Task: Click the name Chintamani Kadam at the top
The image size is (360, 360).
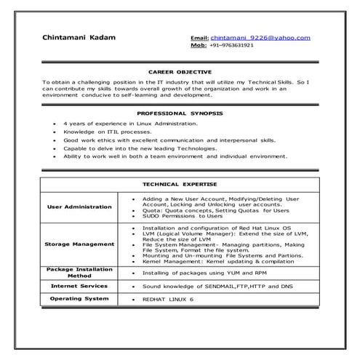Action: coord(79,37)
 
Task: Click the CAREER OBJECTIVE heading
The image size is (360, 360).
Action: coord(180,73)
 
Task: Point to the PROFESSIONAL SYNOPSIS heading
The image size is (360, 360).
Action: coord(180,114)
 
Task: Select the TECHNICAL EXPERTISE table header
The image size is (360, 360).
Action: coord(180,185)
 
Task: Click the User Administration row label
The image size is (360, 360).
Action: coord(79,207)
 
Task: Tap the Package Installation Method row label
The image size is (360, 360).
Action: coord(79,272)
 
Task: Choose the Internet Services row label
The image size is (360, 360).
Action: coord(79,286)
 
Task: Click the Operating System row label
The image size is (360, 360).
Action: coord(79,298)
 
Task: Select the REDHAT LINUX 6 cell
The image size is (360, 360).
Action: coord(168,299)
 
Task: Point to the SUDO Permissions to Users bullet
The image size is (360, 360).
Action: coord(183,216)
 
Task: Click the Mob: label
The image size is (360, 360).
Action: coord(199,44)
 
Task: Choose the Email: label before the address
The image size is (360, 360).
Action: coord(199,37)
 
